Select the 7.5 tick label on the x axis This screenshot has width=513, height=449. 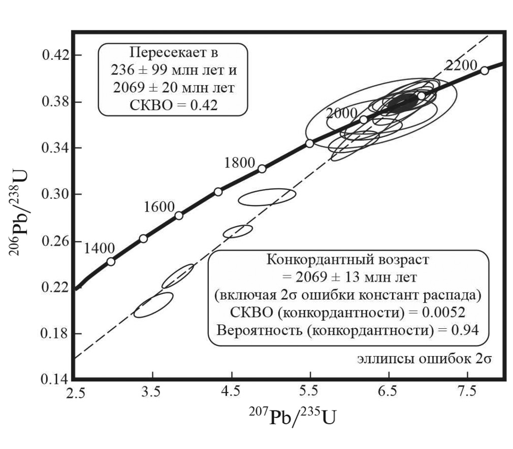[x=467, y=392]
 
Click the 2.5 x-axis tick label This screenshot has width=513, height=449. [x=75, y=392]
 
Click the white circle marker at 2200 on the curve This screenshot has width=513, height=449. [x=484, y=71]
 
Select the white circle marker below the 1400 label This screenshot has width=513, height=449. [x=111, y=262]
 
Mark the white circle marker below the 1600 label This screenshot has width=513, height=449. [x=179, y=215]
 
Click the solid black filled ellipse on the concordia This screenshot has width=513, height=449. [x=403, y=101]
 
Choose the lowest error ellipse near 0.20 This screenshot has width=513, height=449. [x=153, y=305]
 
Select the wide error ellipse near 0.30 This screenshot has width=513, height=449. [x=267, y=197]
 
